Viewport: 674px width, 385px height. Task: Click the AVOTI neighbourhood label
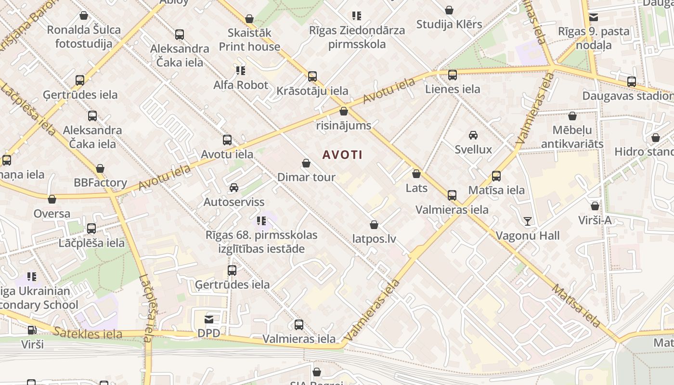click(342, 155)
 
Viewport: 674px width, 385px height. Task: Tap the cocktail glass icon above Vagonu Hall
click(528, 221)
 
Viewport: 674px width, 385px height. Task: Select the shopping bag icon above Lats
click(416, 174)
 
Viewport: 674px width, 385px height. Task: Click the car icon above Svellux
click(473, 135)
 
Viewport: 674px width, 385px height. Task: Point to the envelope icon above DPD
click(209, 320)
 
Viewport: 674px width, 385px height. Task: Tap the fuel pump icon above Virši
click(32, 330)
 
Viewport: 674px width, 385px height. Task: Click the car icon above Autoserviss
click(234, 187)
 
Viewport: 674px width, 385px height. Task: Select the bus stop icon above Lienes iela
click(453, 75)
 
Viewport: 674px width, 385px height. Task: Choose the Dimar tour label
click(306, 177)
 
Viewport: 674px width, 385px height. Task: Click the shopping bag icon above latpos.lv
click(374, 225)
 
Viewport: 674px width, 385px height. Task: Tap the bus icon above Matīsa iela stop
click(496, 176)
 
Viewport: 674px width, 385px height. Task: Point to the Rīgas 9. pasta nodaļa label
click(594, 38)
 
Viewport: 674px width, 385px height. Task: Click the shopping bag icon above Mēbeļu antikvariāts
click(572, 116)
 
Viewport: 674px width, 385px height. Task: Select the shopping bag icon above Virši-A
click(595, 206)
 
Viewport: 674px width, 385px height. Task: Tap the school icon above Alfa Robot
click(241, 71)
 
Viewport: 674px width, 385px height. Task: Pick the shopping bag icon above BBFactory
click(100, 168)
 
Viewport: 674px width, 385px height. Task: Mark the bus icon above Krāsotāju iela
click(312, 77)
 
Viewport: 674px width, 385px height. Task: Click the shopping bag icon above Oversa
click(52, 199)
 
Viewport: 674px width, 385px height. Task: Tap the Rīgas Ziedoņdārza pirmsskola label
click(357, 37)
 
